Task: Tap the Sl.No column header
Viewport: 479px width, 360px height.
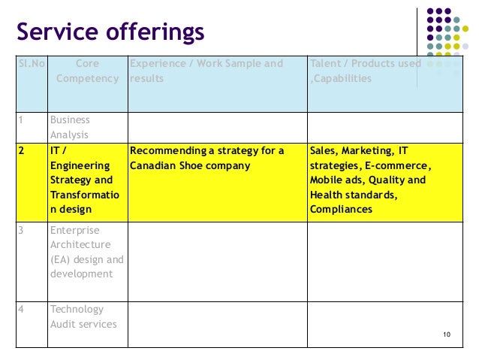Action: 31,64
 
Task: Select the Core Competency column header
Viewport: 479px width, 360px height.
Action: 87,71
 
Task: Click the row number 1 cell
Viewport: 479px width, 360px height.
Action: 22,120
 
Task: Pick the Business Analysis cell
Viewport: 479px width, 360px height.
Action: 70,128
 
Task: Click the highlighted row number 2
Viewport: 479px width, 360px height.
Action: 23,151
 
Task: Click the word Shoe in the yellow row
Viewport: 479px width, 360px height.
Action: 194,165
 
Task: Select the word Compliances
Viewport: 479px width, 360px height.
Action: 341,210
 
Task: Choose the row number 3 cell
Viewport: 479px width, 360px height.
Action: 22,230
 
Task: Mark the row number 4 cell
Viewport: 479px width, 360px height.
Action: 23,310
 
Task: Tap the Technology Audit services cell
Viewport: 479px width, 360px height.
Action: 83,316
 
